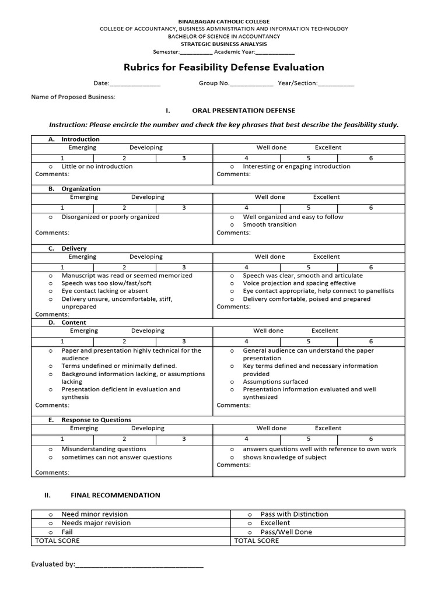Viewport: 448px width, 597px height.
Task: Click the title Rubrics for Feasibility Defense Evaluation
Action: tap(223, 67)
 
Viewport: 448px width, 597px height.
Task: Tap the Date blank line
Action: tap(135, 83)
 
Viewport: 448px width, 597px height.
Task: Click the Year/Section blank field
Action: tap(336, 83)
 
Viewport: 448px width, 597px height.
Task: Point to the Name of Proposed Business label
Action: tap(73, 97)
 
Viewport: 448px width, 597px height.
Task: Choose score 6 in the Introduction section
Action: tap(370, 158)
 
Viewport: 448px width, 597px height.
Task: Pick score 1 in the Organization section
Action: tap(62, 208)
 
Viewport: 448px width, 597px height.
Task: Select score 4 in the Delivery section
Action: tap(246, 267)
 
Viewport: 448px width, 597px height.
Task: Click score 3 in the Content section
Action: tap(184, 341)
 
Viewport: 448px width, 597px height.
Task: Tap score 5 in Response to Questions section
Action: tap(309, 438)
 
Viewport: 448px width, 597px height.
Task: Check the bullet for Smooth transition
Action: tap(232, 224)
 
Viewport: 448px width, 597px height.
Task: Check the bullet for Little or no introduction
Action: tap(51, 166)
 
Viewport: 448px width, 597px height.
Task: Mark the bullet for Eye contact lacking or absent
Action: tap(51, 291)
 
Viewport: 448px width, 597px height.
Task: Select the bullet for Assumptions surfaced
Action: tap(232, 382)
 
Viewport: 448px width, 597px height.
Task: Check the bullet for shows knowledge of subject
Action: tap(232, 457)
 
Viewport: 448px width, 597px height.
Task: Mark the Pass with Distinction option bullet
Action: tap(249, 514)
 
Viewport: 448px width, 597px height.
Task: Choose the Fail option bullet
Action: tap(51, 532)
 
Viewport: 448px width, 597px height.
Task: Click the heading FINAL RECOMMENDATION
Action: tap(115, 495)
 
